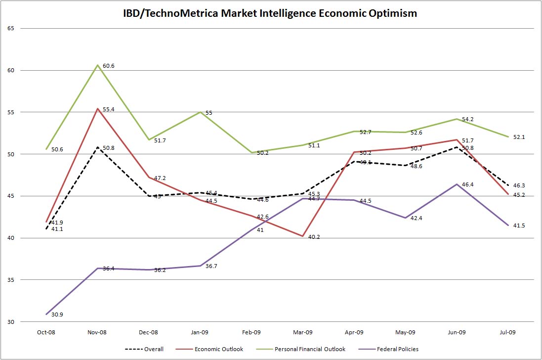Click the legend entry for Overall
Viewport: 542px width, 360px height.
pyautogui.click(x=154, y=349)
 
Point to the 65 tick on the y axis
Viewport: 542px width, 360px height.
pyautogui.click(x=11, y=29)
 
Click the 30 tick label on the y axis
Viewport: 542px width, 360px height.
pyautogui.click(x=11, y=322)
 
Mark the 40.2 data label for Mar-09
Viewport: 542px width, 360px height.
pyautogui.click(x=314, y=237)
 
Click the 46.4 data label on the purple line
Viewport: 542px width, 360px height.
pyautogui.click(x=468, y=184)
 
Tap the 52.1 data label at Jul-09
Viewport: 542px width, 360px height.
pyautogui.click(x=519, y=137)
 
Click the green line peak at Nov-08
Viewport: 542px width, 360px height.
pyautogui.click(x=98, y=65)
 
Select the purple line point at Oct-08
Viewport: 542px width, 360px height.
pyautogui.click(x=46, y=314)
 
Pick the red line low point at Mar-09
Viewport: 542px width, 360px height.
pyautogui.click(x=303, y=236)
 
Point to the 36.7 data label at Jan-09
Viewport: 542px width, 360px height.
pyautogui.click(x=211, y=267)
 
